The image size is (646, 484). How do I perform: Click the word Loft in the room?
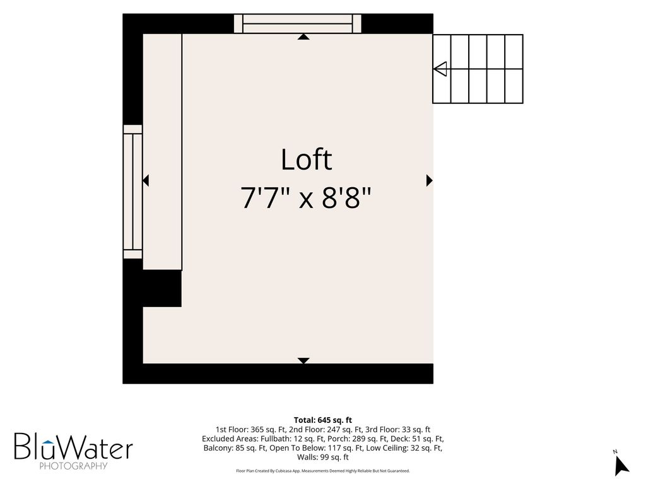pyautogui.click(x=306, y=159)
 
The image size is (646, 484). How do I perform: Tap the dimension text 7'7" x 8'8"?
pyautogui.click(x=306, y=198)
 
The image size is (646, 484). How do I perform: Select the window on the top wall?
pyautogui.click(x=298, y=23)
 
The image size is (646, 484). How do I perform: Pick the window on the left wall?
pyautogui.click(x=132, y=192)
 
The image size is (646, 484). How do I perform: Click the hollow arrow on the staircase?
pyautogui.click(x=440, y=69)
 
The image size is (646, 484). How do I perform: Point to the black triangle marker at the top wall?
pyautogui.click(x=303, y=37)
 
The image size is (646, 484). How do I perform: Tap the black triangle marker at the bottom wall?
pyautogui.click(x=303, y=360)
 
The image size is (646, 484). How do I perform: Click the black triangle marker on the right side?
pyautogui.click(x=429, y=180)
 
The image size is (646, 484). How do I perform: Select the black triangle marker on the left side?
pyautogui.click(x=146, y=180)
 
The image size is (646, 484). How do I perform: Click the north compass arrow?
pyautogui.click(x=621, y=466)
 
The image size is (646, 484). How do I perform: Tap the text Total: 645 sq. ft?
pyautogui.click(x=322, y=420)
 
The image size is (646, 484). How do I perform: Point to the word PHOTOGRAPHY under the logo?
pyautogui.click(x=73, y=466)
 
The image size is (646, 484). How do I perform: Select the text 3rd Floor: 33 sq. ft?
pyautogui.click(x=397, y=430)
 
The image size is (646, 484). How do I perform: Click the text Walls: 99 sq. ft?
pyautogui.click(x=322, y=458)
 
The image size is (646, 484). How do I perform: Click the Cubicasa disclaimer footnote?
pyautogui.click(x=322, y=471)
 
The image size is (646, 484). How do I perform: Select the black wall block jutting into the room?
pyautogui.click(x=162, y=289)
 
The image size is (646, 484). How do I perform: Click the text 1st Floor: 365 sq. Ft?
pyautogui.click(x=250, y=430)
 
